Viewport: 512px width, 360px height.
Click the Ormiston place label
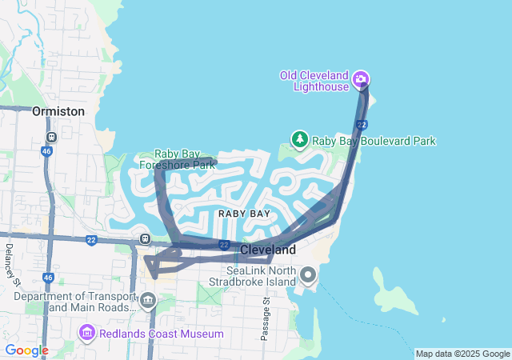pos(58,111)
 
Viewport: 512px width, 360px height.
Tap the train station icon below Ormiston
pos(51,137)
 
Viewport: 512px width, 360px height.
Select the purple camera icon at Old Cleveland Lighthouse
pos(361,78)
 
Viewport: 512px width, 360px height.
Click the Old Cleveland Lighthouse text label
pos(314,81)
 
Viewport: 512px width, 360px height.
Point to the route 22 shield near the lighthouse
pos(362,125)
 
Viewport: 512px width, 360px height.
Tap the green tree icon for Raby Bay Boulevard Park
pos(300,140)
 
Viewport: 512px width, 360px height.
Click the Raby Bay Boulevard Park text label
pos(374,141)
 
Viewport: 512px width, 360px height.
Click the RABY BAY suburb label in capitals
pos(244,214)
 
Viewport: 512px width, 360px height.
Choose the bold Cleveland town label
pos(268,250)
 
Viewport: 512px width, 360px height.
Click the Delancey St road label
pos(11,262)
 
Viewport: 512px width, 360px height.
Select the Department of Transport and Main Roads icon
pos(147,301)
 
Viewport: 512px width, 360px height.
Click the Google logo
pos(26,350)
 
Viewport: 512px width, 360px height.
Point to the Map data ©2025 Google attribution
pos(462,354)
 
